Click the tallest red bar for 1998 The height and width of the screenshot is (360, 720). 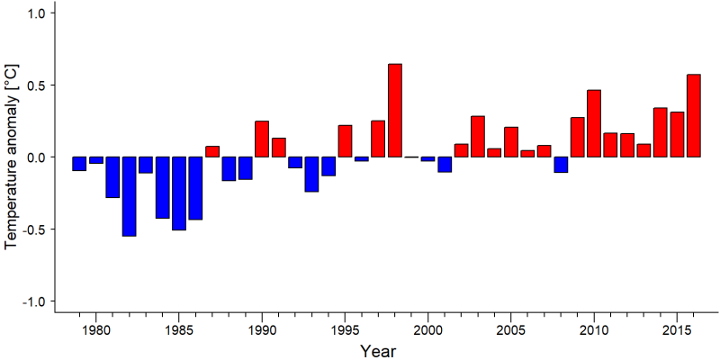[x=395, y=110]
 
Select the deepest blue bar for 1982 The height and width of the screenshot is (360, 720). [x=129, y=196]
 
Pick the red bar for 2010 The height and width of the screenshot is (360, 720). [x=594, y=123]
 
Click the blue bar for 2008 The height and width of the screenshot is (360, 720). [x=561, y=165]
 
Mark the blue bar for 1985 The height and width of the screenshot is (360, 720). [x=179, y=193]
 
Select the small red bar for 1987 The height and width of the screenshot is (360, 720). [x=212, y=151]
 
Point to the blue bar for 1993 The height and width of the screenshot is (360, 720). [x=311, y=174]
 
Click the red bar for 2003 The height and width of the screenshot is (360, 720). [x=478, y=137]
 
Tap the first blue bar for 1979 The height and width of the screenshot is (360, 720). [x=79, y=164]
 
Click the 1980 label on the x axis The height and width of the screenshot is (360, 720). [x=96, y=329]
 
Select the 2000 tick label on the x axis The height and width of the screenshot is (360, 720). [x=428, y=329]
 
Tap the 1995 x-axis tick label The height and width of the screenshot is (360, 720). [x=345, y=329]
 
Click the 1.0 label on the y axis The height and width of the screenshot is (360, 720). [x=35, y=13]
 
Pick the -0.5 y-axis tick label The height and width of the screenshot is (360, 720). [x=32, y=229]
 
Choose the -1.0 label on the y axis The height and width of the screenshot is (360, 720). [x=32, y=301]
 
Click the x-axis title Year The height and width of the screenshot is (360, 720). [x=377, y=351]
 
